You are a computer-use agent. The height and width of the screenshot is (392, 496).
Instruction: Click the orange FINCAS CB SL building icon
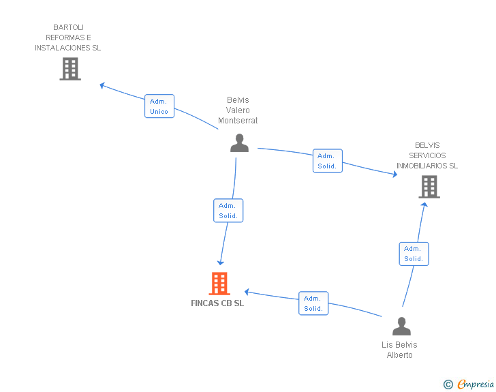click(x=219, y=284)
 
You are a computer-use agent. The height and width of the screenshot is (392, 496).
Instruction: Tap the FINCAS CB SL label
click(x=217, y=303)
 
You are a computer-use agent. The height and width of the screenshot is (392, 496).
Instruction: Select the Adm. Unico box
click(x=159, y=106)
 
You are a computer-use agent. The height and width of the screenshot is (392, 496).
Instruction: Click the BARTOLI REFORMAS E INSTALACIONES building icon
click(x=70, y=69)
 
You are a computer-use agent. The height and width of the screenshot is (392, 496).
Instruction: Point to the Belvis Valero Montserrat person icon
click(x=239, y=142)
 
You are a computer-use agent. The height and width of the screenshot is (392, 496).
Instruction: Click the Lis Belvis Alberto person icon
click(x=401, y=326)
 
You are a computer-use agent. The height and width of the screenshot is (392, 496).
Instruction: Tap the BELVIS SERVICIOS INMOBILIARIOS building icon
click(x=429, y=187)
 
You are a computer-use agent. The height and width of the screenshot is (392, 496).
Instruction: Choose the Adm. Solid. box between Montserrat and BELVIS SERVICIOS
click(x=328, y=161)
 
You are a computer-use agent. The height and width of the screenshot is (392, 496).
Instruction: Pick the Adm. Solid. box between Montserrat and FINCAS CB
click(x=228, y=211)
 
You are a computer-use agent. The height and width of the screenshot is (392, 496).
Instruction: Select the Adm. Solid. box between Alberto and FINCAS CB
click(x=313, y=303)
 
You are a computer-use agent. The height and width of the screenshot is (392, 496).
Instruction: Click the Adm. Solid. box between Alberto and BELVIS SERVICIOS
click(x=414, y=254)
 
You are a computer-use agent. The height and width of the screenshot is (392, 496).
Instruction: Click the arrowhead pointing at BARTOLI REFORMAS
click(x=102, y=85)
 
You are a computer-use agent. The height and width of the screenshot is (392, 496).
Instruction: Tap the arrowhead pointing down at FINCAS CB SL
click(x=221, y=262)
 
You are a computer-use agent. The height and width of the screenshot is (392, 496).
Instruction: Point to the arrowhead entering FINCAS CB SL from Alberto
click(x=247, y=292)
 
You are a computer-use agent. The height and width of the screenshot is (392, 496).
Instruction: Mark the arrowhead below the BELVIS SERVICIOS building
click(x=424, y=205)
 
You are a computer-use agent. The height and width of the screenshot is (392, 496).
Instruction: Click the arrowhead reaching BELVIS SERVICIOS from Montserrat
click(x=394, y=174)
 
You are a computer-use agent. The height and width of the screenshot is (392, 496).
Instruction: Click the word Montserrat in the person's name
click(x=238, y=121)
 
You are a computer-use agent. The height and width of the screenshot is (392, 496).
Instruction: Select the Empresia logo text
click(x=476, y=384)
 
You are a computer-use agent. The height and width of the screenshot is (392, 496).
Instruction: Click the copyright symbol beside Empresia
click(x=448, y=385)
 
